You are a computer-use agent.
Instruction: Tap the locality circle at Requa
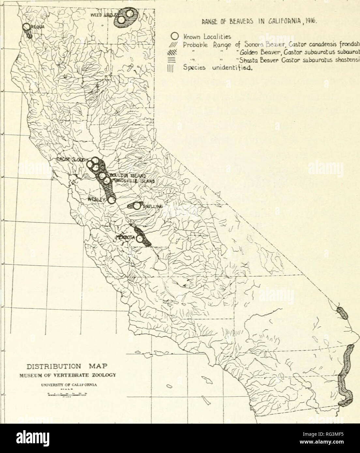26,28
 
